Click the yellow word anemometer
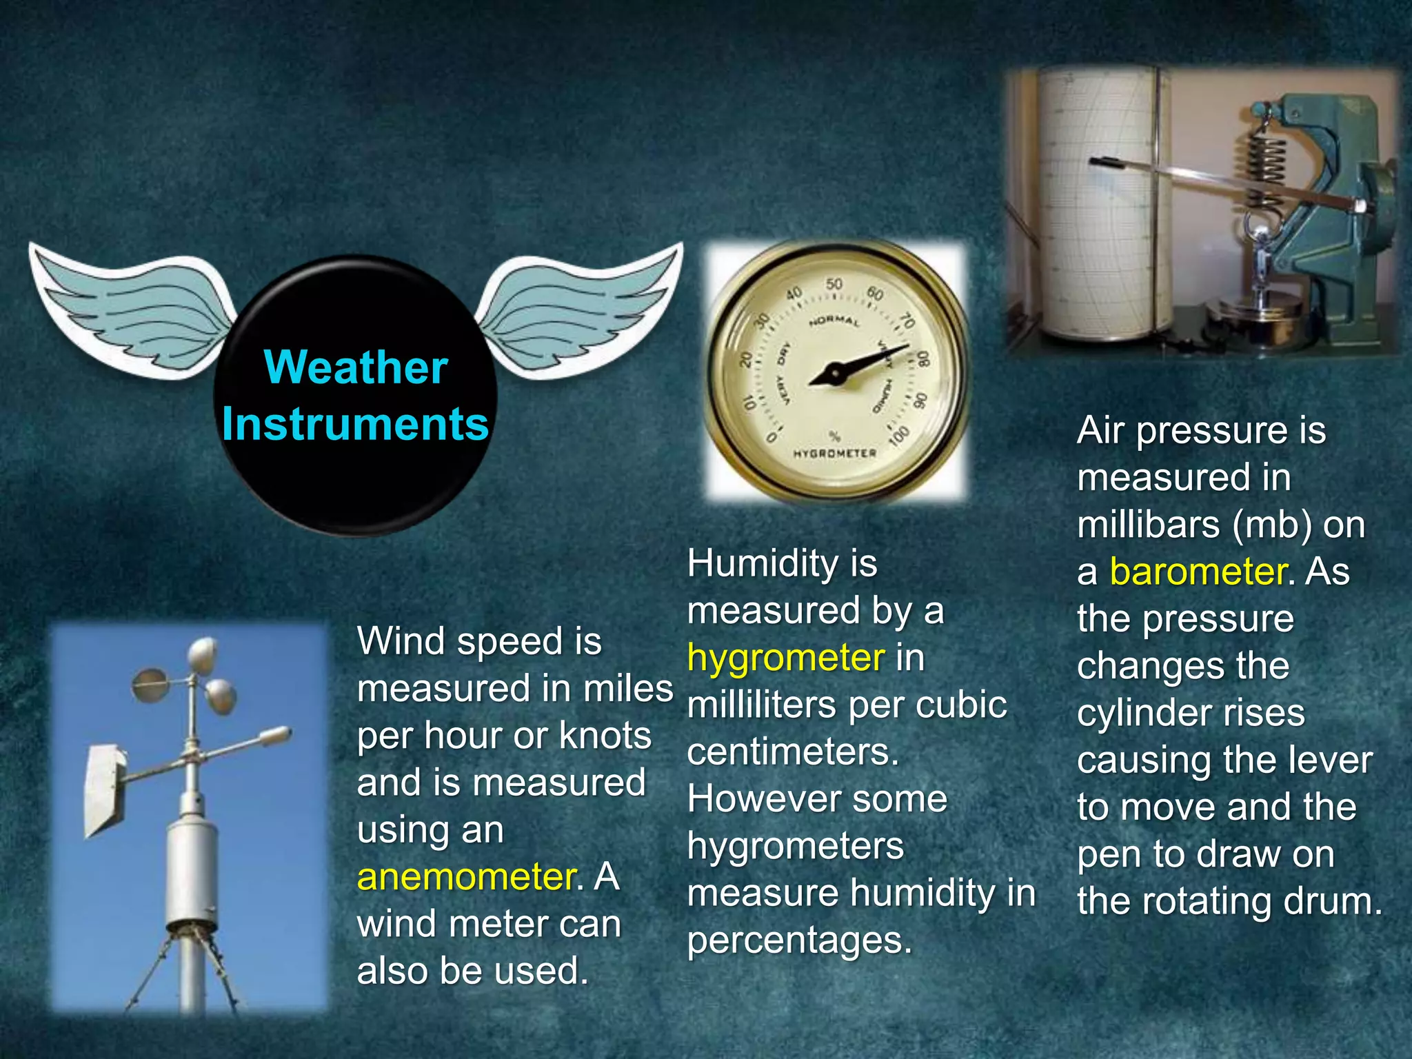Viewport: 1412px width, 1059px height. tap(466, 877)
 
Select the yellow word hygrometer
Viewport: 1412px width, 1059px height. tap(785, 658)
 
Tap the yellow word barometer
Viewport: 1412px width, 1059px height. tap(1198, 572)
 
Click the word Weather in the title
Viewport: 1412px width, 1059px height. tap(356, 367)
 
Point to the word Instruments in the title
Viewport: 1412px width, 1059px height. tap(355, 423)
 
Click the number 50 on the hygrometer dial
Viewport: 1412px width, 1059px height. tap(834, 284)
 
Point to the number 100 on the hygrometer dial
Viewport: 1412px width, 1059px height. tap(899, 436)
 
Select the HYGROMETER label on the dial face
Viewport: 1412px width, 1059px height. tap(834, 454)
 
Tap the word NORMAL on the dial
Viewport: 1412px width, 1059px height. tap(834, 322)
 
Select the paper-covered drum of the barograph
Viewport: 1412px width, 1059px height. tap(1096, 207)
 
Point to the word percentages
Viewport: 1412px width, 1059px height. tap(799, 940)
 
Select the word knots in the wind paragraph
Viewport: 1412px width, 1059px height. tap(605, 736)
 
